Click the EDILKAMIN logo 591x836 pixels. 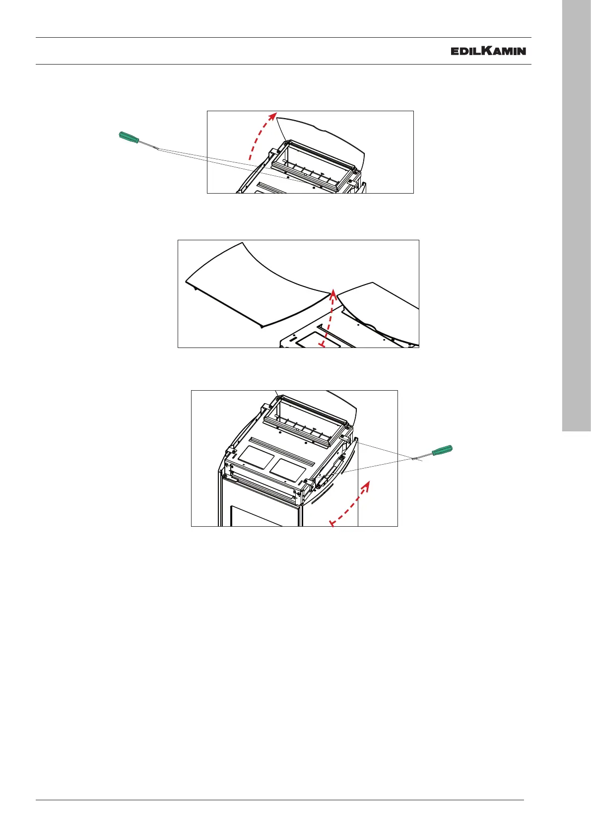[488, 51]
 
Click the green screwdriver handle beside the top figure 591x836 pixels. [129, 137]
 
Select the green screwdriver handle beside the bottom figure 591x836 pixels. [442, 450]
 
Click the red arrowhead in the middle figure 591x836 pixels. [333, 294]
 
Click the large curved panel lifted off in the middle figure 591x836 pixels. [258, 285]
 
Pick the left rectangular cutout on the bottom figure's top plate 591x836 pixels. [257, 457]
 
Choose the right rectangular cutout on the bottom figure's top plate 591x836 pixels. [288, 470]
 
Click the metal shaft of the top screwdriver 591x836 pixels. [148, 145]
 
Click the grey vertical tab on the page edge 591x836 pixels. [577, 216]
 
